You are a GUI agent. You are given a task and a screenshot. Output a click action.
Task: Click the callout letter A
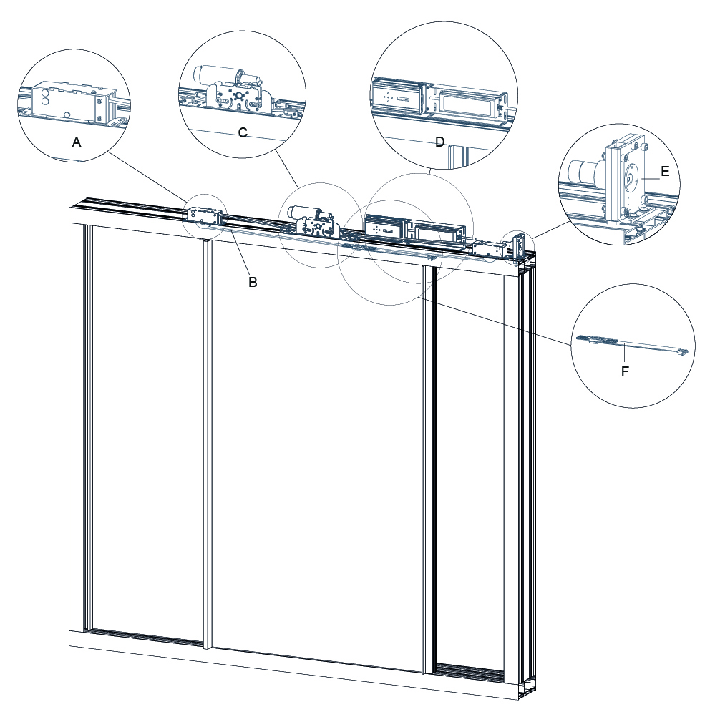(77, 142)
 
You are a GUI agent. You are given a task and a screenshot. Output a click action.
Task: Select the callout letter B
(253, 282)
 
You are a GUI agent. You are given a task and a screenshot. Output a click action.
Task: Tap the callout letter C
(243, 132)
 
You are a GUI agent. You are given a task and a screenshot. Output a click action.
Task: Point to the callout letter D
(440, 141)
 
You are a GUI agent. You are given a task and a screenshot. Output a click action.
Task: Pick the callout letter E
(665, 171)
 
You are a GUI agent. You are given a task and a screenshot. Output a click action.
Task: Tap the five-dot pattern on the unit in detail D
(387, 95)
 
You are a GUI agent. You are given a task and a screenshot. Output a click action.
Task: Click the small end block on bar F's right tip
(684, 351)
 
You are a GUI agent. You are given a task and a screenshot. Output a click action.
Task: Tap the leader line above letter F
(625, 354)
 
